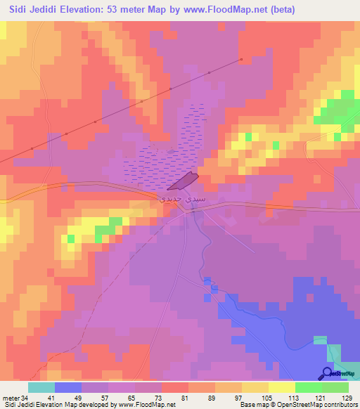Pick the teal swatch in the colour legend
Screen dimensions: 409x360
pyautogui.click(x=41, y=387)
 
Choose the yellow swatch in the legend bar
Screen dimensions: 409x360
pyautogui.click(x=255, y=387)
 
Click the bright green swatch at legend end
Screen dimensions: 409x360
pyautogui.click(x=335, y=387)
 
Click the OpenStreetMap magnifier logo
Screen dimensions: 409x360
pyautogui.click(x=327, y=373)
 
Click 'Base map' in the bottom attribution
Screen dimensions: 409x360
pyautogui.click(x=252, y=405)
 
